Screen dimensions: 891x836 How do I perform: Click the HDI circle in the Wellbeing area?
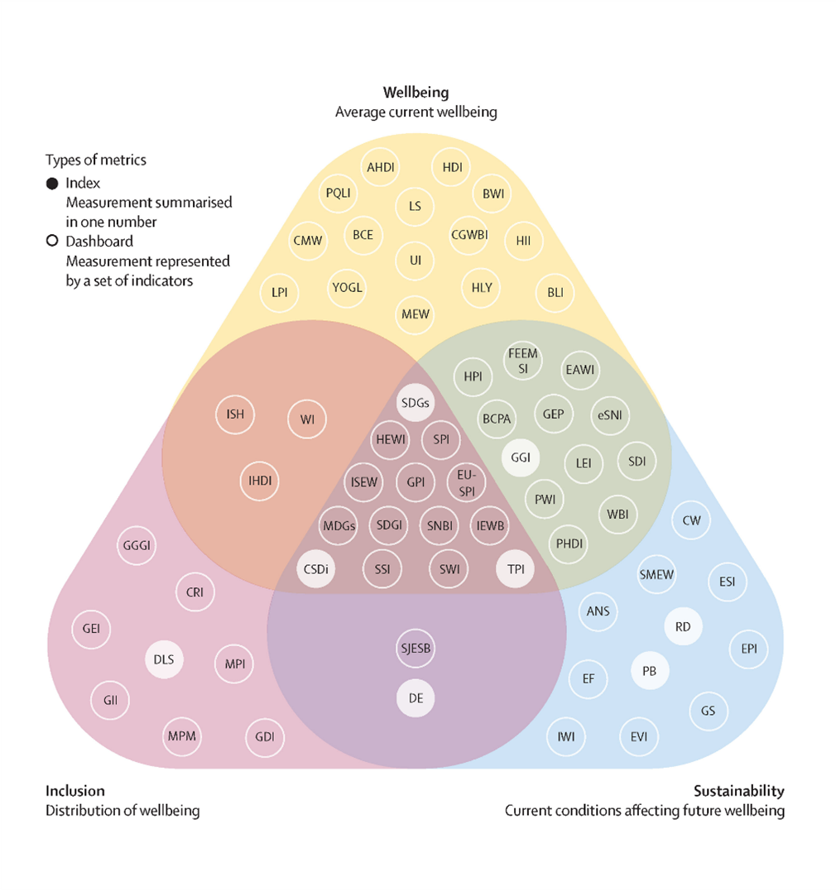coord(452,167)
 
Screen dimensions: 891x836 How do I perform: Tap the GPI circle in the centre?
coord(416,482)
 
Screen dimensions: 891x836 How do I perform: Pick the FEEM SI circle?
coord(523,361)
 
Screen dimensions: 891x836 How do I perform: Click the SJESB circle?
coord(416,649)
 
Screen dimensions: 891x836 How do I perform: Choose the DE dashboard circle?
coord(416,698)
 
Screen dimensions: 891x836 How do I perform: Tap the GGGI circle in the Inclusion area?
coord(138,546)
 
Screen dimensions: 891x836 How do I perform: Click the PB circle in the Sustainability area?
coord(650,671)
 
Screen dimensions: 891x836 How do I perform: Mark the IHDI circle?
coord(260,481)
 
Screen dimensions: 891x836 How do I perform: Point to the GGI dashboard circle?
coord(521,457)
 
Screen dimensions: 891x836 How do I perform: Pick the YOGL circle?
coord(348,288)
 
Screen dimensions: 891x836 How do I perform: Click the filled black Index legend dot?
coord(52,183)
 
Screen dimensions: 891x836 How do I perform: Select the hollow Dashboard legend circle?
coord(52,242)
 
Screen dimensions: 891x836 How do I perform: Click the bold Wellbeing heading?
coord(416,92)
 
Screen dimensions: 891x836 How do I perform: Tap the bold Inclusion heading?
coord(75,791)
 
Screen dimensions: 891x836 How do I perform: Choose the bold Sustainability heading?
coord(738,791)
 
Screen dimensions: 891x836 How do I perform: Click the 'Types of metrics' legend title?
coord(95,160)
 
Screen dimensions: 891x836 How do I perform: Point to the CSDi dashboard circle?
coord(315,569)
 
